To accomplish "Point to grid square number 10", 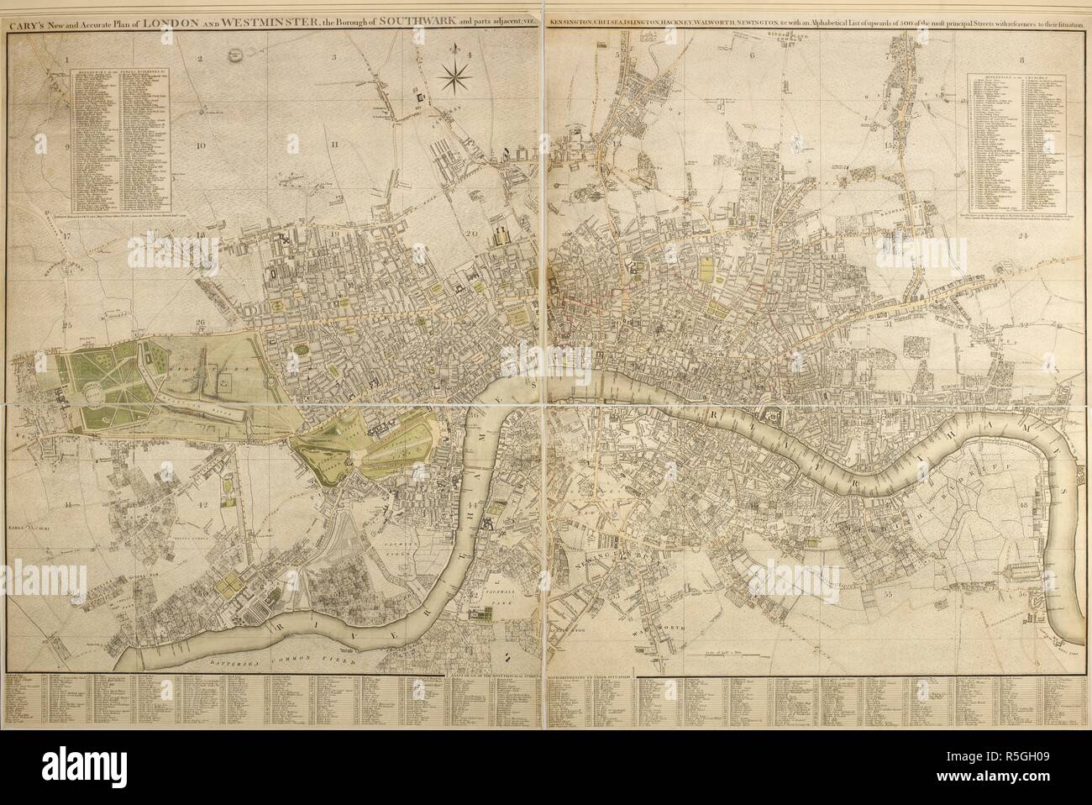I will (201, 145).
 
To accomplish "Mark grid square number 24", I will (1022, 235).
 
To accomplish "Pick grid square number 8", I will (1022, 59).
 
